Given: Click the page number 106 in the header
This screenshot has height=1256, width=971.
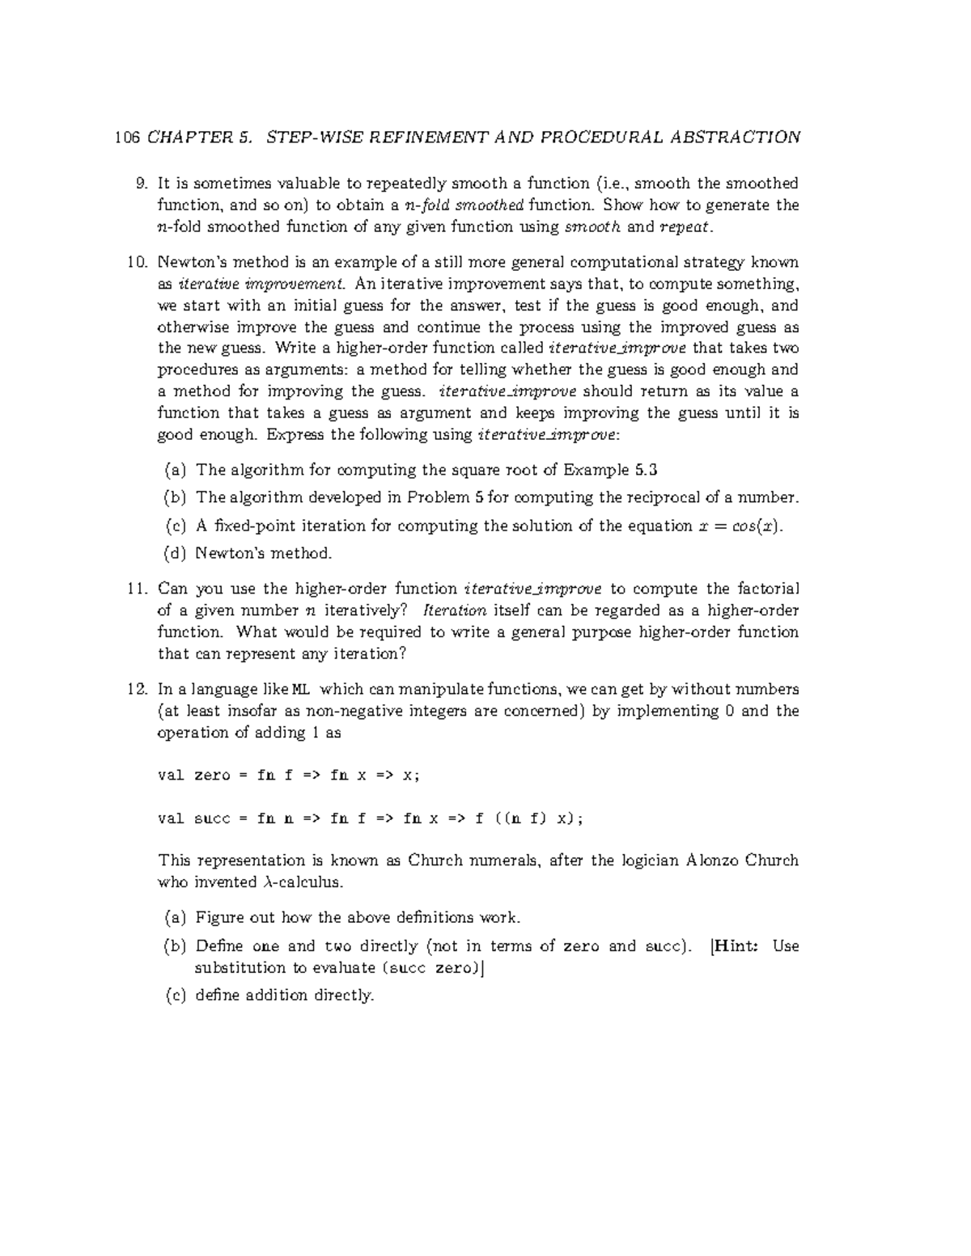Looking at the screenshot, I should [x=127, y=137].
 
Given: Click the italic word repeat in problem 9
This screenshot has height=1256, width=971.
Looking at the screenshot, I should [x=687, y=227].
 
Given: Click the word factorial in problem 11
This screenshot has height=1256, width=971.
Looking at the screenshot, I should [x=766, y=589].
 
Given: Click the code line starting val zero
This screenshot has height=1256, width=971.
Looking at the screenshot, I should [x=289, y=775].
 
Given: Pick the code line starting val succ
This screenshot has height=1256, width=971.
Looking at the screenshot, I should [x=370, y=818].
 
